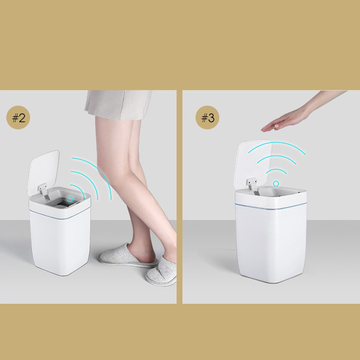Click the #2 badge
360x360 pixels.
pyautogui.click(x=18, y=117)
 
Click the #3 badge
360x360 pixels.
pyautogui.click(x=207, y=117)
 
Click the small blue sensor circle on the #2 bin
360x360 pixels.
pyautogui.click(x=70, y=199)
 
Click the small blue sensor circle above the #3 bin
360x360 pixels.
pyautogui.click(x=276, y=184)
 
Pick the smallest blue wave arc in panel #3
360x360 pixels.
pyautogui.click(x=276, y=170)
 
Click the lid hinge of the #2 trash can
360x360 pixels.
pyautogui.click(x=44, y=190)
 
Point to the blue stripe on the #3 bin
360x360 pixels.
pyautogui.click(x=271, y=207)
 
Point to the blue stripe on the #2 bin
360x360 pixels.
pyautogui.click(x=60, y=215)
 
